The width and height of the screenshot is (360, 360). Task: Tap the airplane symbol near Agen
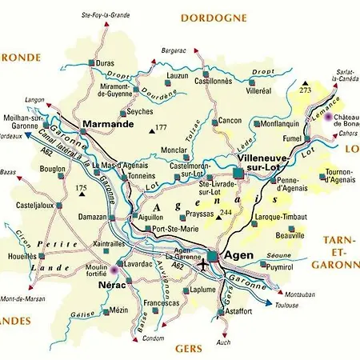tap(206, 263)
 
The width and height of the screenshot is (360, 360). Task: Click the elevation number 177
tap(161, 128)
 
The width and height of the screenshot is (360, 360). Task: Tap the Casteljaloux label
tap(34, 206)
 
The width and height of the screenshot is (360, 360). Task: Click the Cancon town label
tap(230, 121)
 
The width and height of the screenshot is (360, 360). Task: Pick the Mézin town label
tap(119, 310)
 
